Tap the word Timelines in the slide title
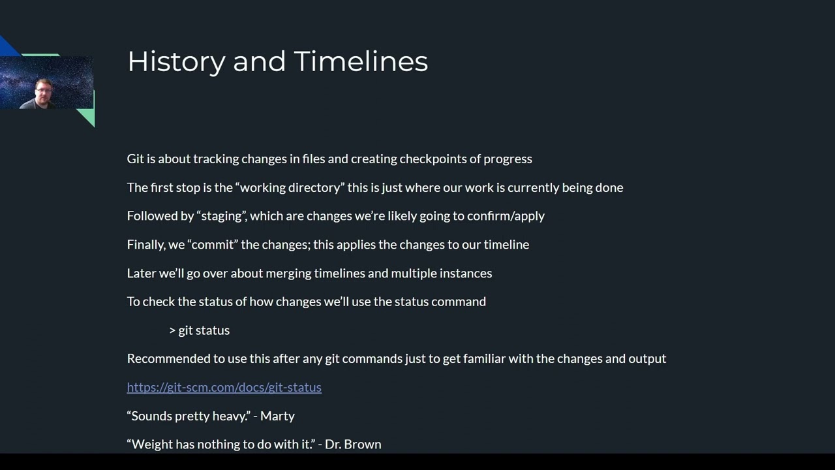(361, 61)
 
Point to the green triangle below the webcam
(87, 115)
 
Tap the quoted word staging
(222, 216)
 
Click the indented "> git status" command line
(200, 330)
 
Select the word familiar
(486, 358)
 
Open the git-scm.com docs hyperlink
(224, 387)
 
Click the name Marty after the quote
(277, 416)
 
